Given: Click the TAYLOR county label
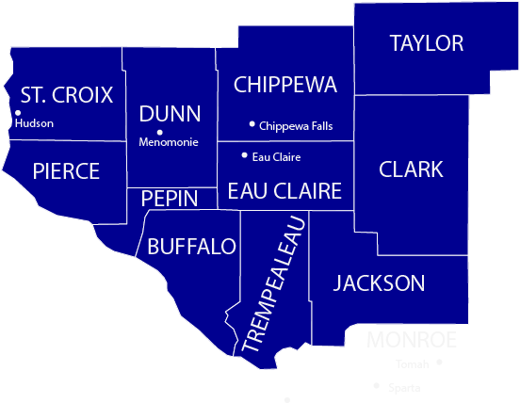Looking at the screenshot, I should (x=427, y=43).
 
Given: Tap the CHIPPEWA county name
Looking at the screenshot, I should (x=284, y=85).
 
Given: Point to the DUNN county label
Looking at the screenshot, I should (x=170, y=114).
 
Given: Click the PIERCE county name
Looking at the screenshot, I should (x=66, y=171).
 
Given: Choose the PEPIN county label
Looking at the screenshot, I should (x=170, y=199).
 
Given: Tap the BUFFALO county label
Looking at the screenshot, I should (x=191, y=247).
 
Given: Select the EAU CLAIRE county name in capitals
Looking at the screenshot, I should (x=284, y=192).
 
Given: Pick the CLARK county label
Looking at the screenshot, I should (x=411, y=169).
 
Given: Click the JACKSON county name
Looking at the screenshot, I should (x=379, y=282).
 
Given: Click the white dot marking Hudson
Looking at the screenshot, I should (x=18, y=113).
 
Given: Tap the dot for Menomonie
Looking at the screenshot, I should (x=160, y=132).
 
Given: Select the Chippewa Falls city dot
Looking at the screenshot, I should (x=252, y=123).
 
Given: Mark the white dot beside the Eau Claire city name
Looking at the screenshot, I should (x=245, y=155).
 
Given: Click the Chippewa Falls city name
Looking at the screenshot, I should (x=296, y=126).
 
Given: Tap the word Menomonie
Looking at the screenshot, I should (x=169, y=143).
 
